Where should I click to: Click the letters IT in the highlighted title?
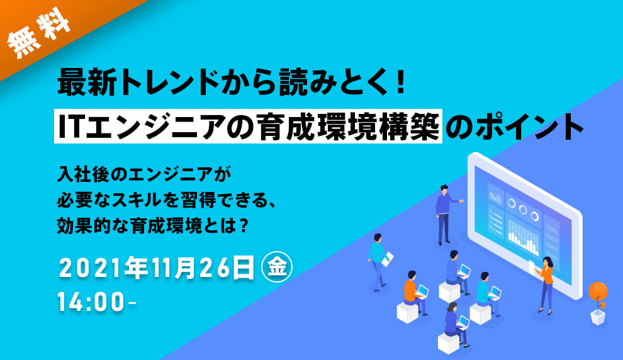tap(70, 127)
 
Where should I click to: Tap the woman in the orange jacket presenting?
tap(544, 283)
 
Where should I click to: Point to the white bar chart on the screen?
tap(523, 236)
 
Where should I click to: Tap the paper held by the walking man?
tap(390, 258)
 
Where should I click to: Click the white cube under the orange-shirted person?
tap(408, 312)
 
